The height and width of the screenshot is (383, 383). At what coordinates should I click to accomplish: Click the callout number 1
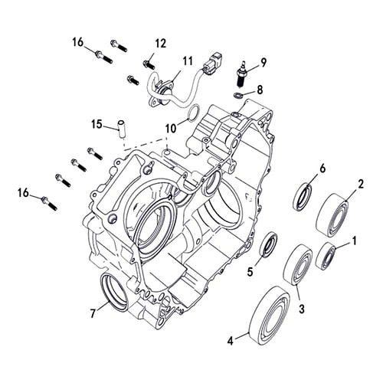click(354, 241)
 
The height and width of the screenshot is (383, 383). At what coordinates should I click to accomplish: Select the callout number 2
click(360, 184)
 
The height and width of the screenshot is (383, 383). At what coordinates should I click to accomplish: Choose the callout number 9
click(263, 62)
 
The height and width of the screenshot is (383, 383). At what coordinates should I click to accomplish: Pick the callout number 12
click(160, 43)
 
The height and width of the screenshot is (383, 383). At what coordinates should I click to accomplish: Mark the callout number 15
click(97, 124)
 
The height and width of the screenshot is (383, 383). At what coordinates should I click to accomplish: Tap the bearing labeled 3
click(296, 264)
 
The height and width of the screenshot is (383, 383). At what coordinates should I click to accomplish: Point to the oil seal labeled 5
click(268, 246)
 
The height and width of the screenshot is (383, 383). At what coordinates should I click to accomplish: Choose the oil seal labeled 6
click(303, 195)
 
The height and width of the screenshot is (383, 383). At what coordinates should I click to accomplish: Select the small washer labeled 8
click(239, 94)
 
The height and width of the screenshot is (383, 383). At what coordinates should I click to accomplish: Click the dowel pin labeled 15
click(119, 127)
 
